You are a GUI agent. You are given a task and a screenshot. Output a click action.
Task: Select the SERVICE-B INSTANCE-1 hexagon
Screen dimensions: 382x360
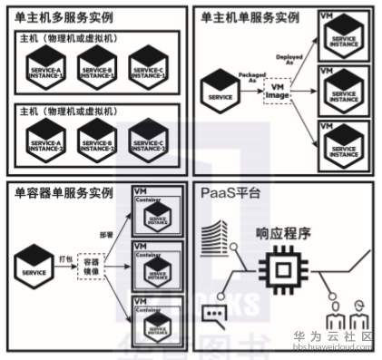point(98,67)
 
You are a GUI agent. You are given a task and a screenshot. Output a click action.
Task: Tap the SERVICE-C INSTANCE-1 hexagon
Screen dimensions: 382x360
point(148,67)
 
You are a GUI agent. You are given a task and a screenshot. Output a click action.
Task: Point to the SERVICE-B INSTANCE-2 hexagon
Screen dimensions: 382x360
point(98,141)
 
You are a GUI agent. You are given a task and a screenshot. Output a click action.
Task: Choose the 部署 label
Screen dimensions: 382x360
point(109,232)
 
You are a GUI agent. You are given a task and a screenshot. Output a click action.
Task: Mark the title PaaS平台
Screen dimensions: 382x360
point(225,193)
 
